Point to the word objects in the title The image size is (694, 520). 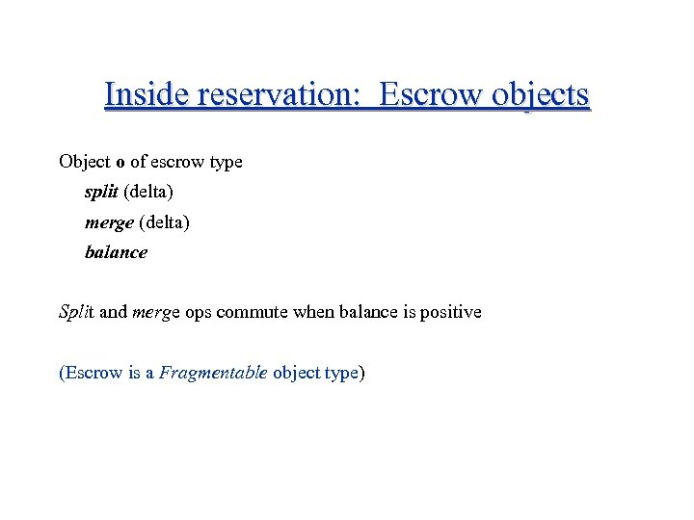pos(540,95)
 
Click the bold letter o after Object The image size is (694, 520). pos(120,162)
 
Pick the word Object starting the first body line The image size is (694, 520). pos(85,162)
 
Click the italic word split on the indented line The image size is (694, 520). pos(101,192)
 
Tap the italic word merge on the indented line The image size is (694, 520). pos(109,222)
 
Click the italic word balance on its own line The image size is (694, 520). pos(116,252)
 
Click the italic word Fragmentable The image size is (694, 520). pos(212,373)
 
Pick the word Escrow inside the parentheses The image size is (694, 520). pos(94,373)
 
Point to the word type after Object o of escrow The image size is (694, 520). pos(225,163)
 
